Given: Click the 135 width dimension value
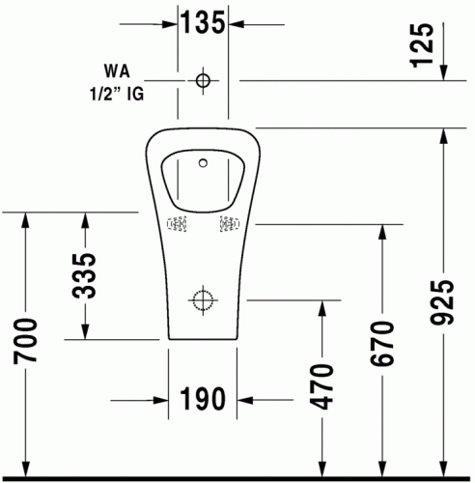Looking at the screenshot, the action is [203, 22].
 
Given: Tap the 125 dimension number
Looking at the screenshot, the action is [422, 45].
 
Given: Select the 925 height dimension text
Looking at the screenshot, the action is [442, 301].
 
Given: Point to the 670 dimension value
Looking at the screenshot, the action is [382, 343].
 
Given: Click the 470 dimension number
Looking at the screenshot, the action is [321, 386].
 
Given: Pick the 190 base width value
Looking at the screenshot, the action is [203, 399].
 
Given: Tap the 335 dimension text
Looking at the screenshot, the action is [84, 275].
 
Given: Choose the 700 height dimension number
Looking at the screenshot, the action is [25, 341].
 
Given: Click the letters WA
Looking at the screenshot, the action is [117, 71].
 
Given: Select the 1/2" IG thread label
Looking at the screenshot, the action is [117, 94].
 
